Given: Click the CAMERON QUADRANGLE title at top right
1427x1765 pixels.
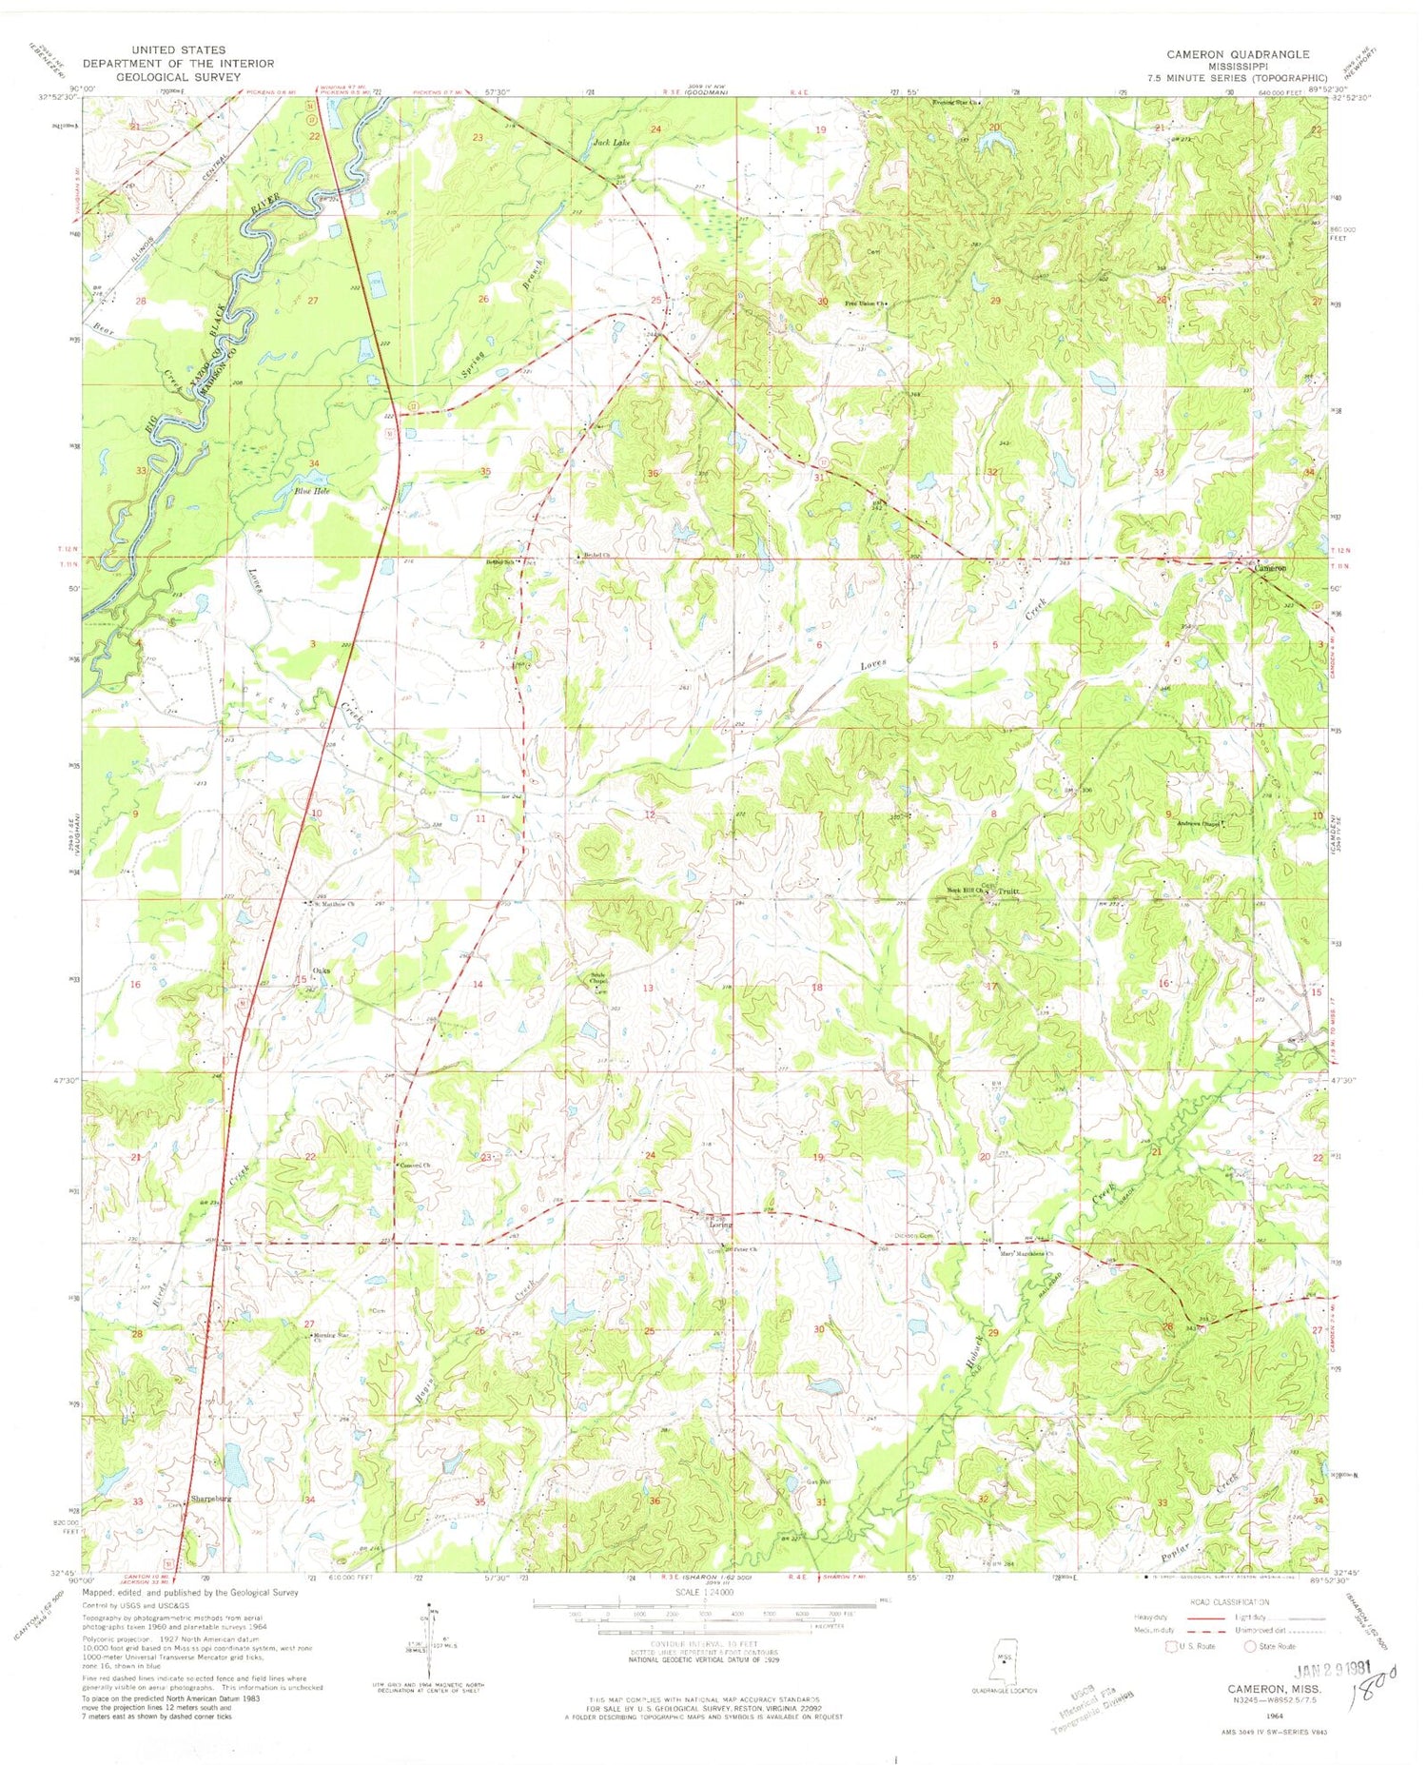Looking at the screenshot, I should pyautogui.click(x=1238, y=54).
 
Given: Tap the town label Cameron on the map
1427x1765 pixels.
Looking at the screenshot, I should pyautogui.click(x=1270, y=568).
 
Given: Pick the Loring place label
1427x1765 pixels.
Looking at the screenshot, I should pyautogui.click(x=720, y=1225).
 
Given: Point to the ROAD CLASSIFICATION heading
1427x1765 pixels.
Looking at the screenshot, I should pyautogui.click(x=1227, y=1602).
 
